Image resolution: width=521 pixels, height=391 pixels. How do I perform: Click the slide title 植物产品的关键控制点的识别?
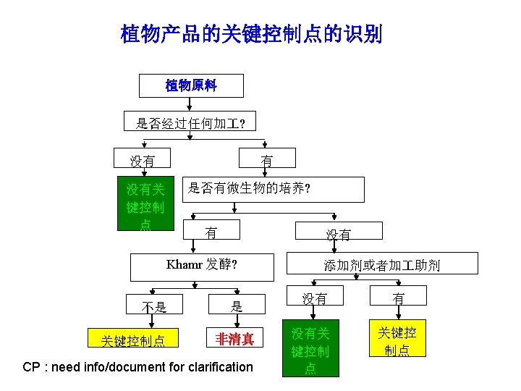pos(251,34)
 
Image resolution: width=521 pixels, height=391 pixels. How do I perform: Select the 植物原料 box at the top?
pos(191,85)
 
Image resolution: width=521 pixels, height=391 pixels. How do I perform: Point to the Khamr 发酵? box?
pos(203,266)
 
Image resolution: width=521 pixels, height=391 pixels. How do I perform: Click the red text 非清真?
pos(235,338)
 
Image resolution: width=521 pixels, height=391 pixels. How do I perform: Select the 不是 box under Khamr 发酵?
pos(154,306)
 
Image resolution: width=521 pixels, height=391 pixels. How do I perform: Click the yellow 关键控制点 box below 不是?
pos(134,339)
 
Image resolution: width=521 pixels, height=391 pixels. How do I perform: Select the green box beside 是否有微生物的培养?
pos(145,204)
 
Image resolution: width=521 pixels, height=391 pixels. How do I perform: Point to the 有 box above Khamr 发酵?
pos(211,232)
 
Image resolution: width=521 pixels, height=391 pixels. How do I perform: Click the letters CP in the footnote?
pos(31,367)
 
